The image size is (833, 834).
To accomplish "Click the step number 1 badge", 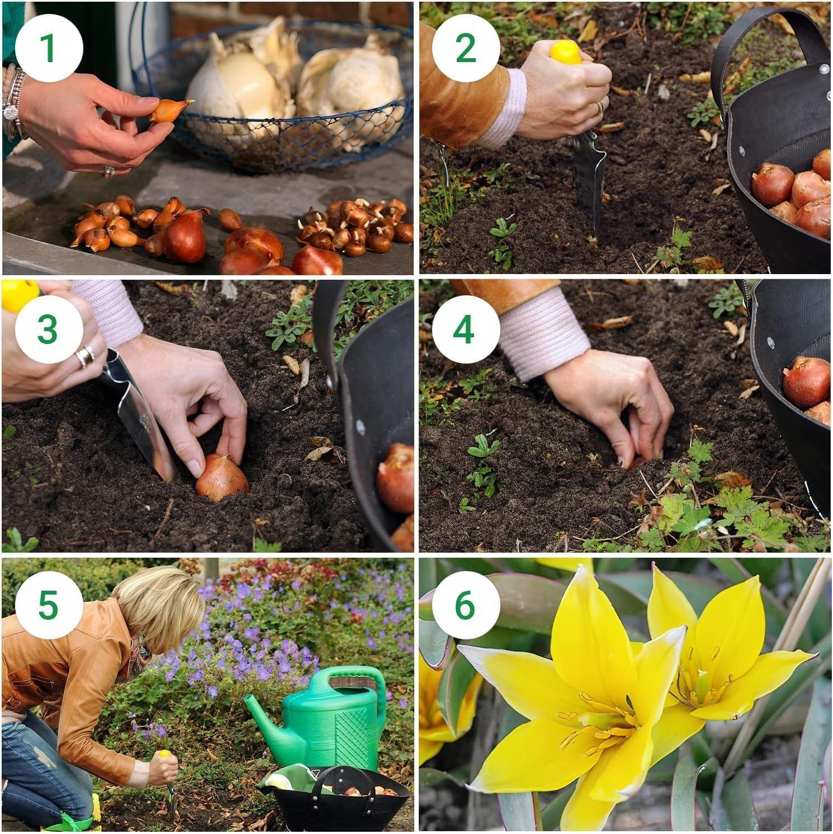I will click(49, 48).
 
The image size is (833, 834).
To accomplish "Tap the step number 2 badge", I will click(466, 48).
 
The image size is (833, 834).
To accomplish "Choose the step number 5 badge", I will click(49, 605).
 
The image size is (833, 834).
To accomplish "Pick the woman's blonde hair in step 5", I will click(162, 610).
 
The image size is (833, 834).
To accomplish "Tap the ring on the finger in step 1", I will click(109, 171).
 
